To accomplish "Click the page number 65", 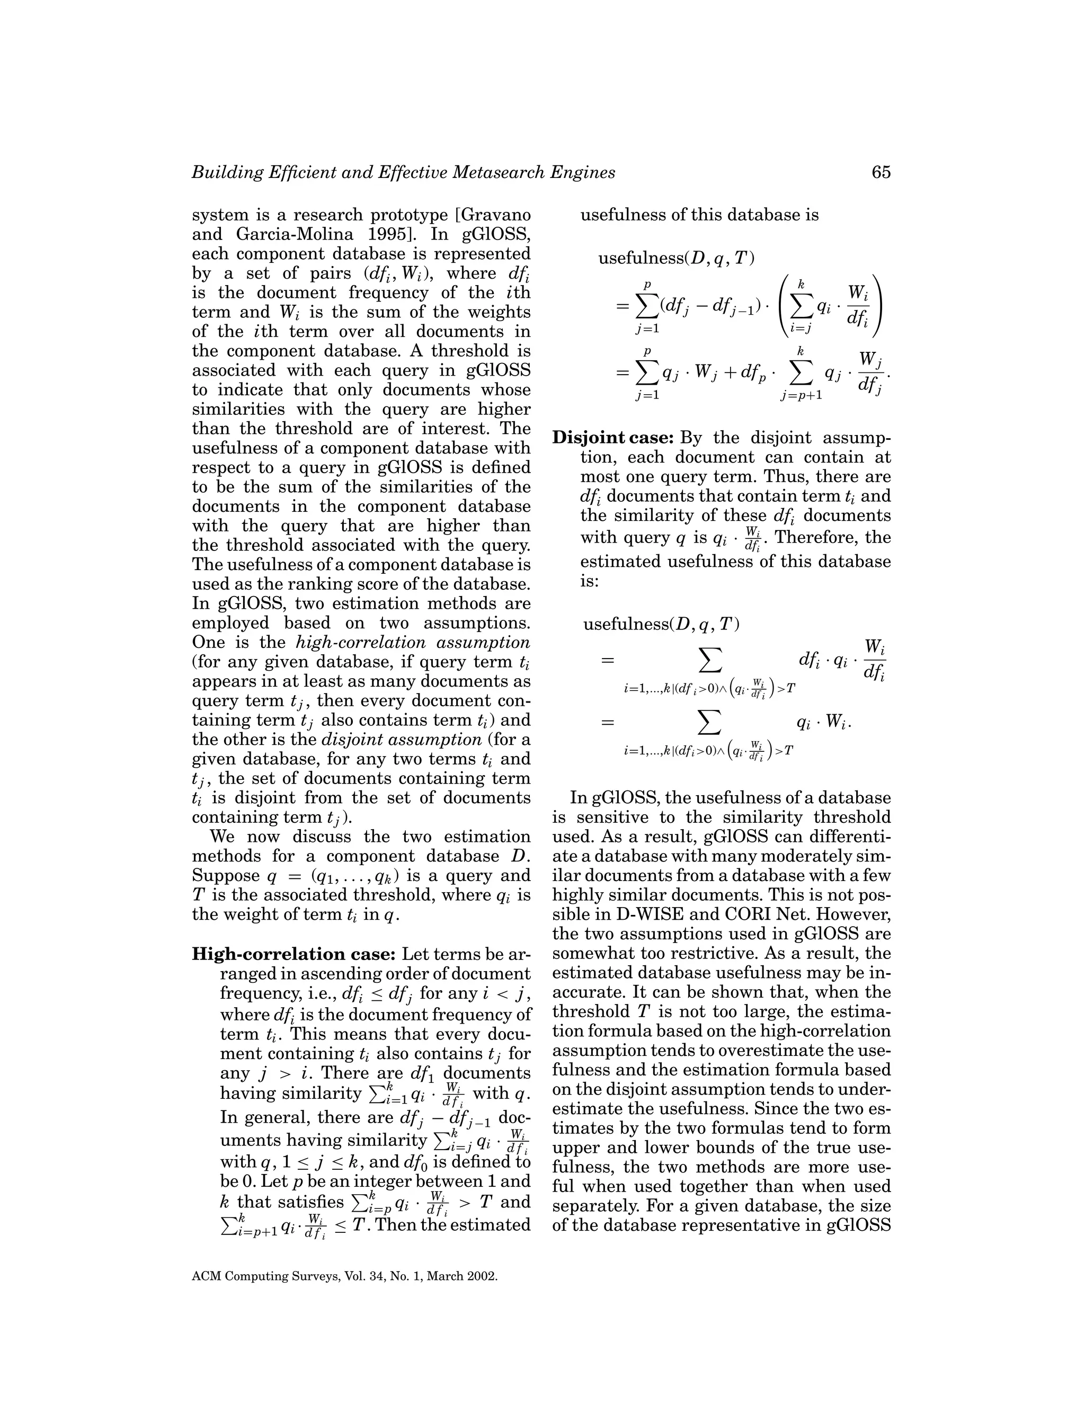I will tap(881, 172).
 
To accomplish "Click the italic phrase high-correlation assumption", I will tap(413, 642).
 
